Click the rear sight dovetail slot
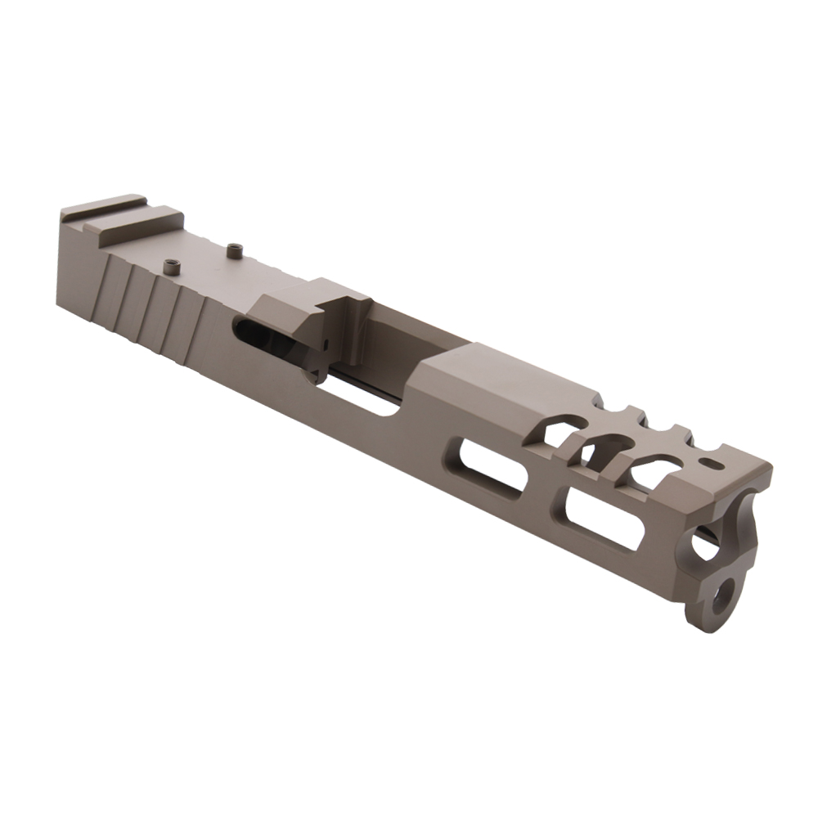(x=123, y=212)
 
